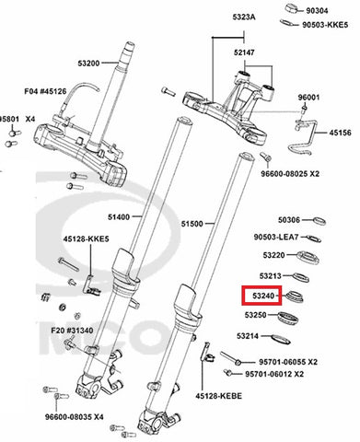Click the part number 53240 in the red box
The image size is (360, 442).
[x=262, y=296]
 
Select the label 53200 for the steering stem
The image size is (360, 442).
[x=88, y=64]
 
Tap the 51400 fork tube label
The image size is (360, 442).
[x=119, y=217]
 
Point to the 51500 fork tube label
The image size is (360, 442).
[x=192, y=224]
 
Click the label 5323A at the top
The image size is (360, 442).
[x=244, y=17]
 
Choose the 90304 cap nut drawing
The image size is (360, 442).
[x=294, y=8]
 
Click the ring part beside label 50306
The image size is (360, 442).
[x=319, y=221]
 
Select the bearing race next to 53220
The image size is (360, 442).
[x=308, y=257]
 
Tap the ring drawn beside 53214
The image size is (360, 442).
[x=281, y=339]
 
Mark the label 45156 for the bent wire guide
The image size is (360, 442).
[x=341, y=133]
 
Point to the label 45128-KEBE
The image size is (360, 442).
[x=219, y=396]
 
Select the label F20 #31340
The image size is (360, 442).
[x=72, y=331]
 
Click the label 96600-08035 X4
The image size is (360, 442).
[x=75, y=417]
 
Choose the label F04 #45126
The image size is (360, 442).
[x=45, y=91]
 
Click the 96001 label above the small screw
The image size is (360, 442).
[x=309, y=98]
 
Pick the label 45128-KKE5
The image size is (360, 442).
[x=87, y=238]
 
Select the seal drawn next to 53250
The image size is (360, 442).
[x=288, y=318]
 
